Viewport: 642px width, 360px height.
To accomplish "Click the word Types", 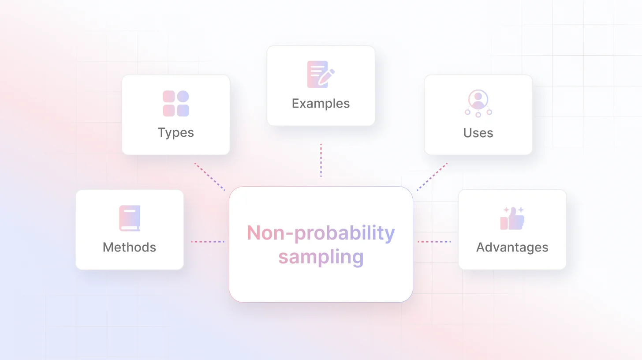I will click(x=175, y=133).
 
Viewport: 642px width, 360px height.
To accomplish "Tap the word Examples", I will click(x=321, y=104).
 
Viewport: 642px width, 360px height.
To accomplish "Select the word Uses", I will click(x=478, y=133).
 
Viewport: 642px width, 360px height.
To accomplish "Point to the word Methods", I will click(x=129, y=247).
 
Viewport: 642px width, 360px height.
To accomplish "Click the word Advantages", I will click(x=512, y=247).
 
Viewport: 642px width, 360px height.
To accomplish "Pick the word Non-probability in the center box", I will click(x=321, y=233).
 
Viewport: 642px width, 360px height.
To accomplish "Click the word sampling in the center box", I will click(x=321, y=257).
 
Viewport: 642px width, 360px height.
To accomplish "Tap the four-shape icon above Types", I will click(x=175, y=104).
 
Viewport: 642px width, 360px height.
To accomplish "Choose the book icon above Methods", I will click(x=129, y=218).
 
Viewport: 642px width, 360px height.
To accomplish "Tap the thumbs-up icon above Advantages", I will click(x=512, y=218).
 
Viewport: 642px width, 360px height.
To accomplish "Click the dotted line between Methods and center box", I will click(x=208, y=242).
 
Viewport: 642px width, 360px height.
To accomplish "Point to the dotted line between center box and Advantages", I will click(x=434, y=242).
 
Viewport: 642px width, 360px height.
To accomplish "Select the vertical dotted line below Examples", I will click(x=321, y=160).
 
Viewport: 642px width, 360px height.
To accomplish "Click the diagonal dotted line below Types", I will click(x=210, y=177).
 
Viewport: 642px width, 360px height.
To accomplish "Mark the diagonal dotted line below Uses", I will click(x=432, y=177).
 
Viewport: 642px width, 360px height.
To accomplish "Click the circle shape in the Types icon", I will click(x=183, y=97).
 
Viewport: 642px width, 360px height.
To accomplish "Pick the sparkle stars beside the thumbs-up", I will click(x=514, y=210).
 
